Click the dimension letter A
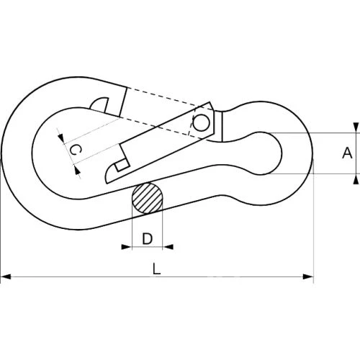pos(347,153)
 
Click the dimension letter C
pos(75,150)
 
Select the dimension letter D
pos(147,238)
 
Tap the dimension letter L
pos(156,269)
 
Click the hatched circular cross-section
pos(148,198)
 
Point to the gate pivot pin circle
pos(201,122)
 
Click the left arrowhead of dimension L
pos(6,276)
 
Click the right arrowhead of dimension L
pos(308,276)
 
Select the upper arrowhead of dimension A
pos(356,127)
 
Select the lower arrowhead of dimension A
pos(356,179)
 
